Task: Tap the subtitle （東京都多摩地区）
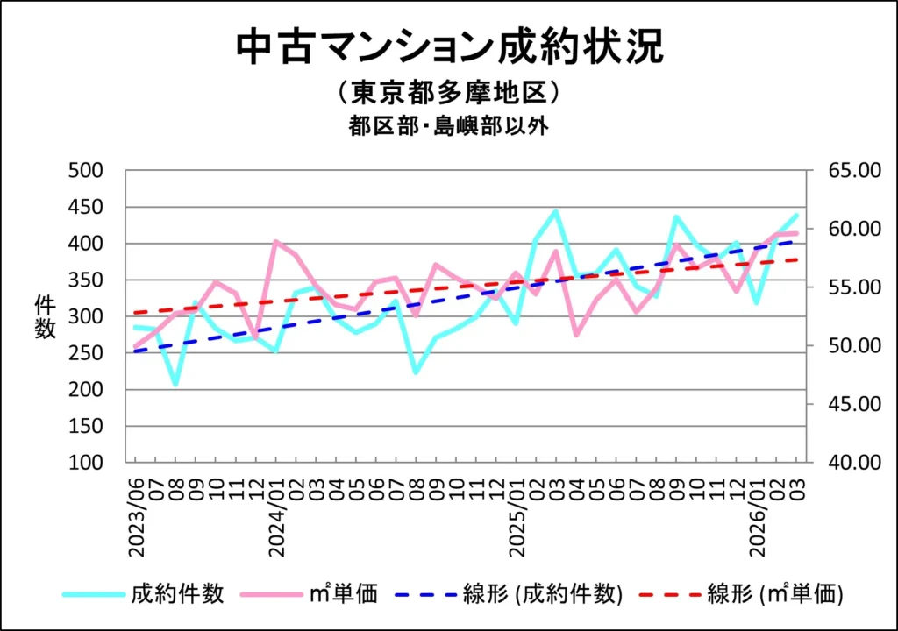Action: tap(448, 93)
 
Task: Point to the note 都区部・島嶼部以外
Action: tap(448, 125)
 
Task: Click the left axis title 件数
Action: tap(45, 316)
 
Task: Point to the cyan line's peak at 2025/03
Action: tap(555, 211)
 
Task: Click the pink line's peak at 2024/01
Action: tap(276, 241)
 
